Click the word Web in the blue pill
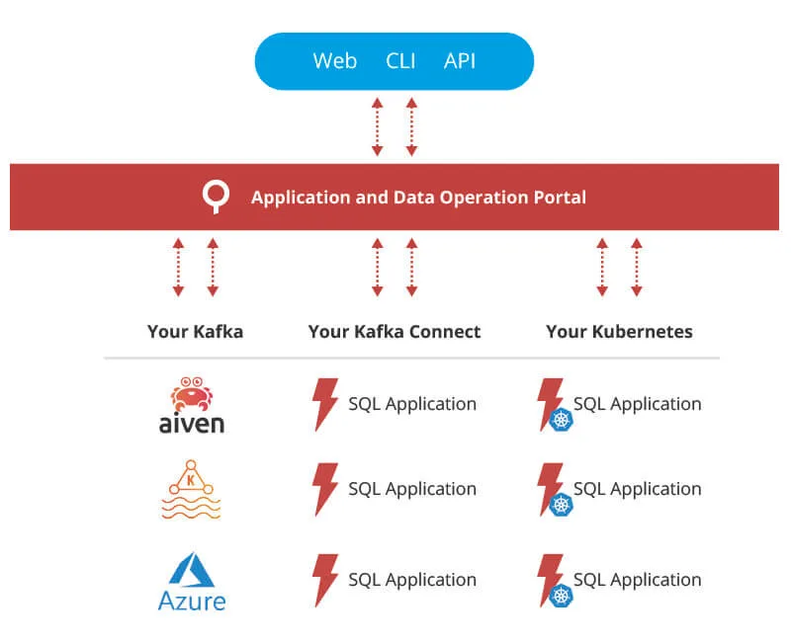tap(334, 61)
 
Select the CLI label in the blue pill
tap(400, 61)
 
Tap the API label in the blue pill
tap(460, 61)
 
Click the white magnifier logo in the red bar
tap(215, 197)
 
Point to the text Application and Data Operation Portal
tap(418, 198)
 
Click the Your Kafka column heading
tap(195, 332)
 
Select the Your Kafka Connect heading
tap(395, 332)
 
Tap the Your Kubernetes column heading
tap(619, 332)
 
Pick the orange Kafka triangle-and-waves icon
tap(191, 490)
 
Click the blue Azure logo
tap(192, 582)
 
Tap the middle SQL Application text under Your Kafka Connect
tap(412, 489)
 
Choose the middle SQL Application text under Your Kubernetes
tap(638, 489)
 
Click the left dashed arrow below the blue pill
tap(377, 126)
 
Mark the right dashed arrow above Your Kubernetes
tap(637, 267)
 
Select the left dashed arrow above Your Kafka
tap(178, 267)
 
